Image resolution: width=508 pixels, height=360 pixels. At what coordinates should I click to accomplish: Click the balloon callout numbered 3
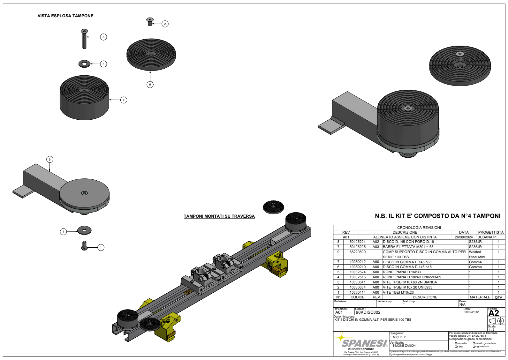click(103, 37)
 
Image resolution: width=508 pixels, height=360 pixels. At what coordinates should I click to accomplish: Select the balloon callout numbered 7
click(124, 100)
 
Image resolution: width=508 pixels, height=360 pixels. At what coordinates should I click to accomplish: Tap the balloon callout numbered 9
click(49, 159)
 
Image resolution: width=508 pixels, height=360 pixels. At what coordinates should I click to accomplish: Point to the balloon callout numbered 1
click(101, 247)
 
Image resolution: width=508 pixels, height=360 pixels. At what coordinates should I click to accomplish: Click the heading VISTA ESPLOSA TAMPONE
click(65, 16)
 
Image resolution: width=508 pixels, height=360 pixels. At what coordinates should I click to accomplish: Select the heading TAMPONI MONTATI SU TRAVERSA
click(219, 216)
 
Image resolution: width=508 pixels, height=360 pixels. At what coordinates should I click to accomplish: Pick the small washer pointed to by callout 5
click(84, 64)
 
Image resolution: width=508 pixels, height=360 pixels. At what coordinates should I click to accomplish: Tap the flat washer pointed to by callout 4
click(84, 230)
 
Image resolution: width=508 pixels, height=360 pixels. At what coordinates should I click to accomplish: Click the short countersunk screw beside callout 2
click(150, 22)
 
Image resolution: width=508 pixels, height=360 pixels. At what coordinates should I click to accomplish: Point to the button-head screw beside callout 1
click(84, 245)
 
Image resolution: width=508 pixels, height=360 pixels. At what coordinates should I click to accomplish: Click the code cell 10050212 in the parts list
click(357, 262)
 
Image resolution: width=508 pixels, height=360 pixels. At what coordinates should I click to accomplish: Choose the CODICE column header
click(357, 297)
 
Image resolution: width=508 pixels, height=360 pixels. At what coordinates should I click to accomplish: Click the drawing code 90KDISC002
click(368, 312)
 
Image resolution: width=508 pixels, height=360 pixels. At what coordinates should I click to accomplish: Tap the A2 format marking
click(494, 313)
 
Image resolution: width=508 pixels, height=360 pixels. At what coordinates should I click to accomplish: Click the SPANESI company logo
click(364, 343)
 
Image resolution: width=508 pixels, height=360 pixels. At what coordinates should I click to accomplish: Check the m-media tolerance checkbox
click(456, 343)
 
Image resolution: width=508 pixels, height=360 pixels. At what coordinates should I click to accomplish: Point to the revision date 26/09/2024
click(464, 237)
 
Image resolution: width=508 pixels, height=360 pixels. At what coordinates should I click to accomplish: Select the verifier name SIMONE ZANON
click(404, 346)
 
